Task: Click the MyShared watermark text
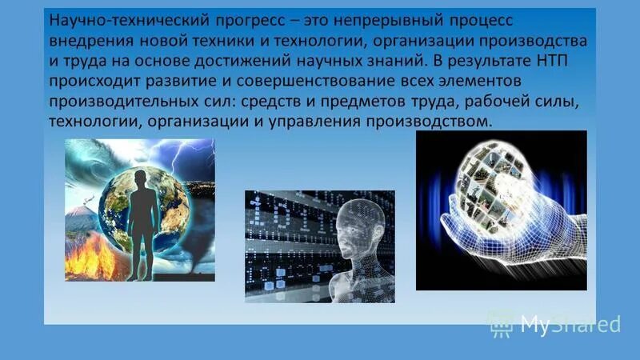click(x=570, y=324)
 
